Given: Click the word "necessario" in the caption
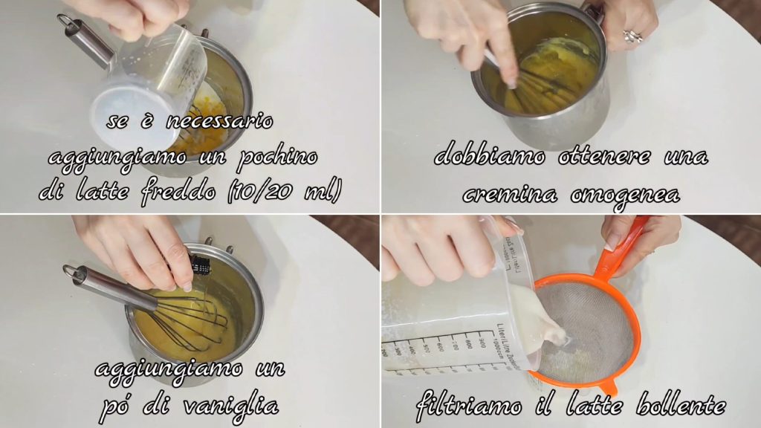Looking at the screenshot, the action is coord(219,121).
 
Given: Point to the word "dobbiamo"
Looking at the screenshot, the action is coord(489,156).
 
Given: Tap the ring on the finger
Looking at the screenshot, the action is coord(633,36).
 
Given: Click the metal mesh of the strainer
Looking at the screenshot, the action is coord(587,330).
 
